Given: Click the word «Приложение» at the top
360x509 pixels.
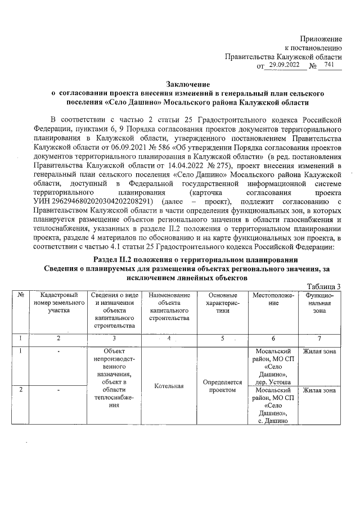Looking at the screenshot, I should pos(321,38).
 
